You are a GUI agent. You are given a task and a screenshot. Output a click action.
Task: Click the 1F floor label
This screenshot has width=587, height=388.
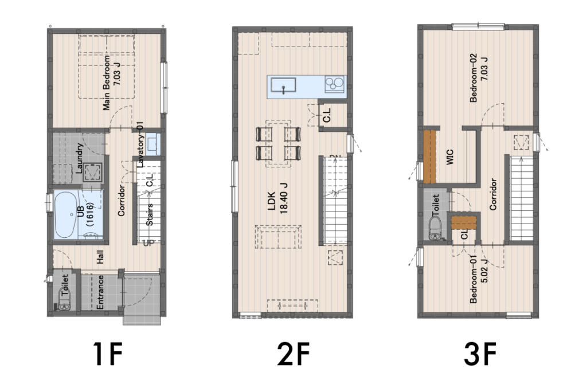(108, 354)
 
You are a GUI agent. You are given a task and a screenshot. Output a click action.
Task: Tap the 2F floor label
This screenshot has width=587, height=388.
(293, 354)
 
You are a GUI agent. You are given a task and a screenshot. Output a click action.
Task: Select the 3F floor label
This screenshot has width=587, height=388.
(480, 354)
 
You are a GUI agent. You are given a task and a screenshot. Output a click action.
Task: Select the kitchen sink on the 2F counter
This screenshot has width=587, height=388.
(283, 85)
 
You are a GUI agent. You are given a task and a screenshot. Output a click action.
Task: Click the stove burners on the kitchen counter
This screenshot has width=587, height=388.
(335, 84)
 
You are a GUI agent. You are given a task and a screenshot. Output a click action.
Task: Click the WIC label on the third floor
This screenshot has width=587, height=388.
(450, 157)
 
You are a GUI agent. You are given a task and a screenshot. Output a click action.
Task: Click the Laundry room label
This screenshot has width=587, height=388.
(79, 158)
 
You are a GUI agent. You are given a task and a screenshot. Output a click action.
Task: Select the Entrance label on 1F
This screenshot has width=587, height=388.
(100, 292)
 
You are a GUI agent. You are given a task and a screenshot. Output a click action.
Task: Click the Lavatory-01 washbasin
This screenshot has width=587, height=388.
(152, 144)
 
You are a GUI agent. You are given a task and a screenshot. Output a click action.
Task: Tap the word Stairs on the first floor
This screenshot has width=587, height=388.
(150, 214)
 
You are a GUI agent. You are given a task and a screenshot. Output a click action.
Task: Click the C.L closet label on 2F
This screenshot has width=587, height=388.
(327, 115)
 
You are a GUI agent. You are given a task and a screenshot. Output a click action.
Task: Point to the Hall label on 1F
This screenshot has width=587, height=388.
(100, 257)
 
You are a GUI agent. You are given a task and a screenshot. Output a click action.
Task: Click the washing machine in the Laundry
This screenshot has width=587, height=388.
(92, 172)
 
